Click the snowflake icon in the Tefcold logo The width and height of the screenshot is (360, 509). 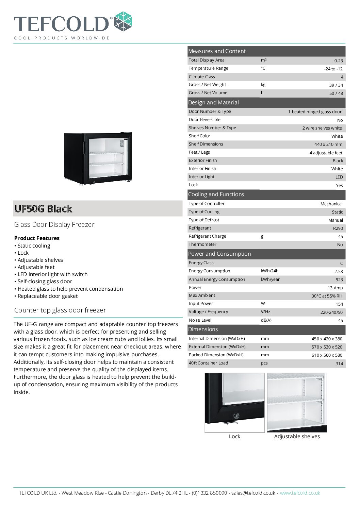(123, 21)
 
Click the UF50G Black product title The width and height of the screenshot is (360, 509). (43, 209)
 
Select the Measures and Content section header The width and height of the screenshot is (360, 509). (217, 51)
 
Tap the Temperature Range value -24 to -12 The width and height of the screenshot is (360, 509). (333, 69)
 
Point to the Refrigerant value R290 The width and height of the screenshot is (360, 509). (338, 228)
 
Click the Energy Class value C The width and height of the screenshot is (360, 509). (341, 264)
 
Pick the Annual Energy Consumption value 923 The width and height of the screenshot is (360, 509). (339, 280)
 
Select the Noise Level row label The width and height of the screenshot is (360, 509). (200, 320)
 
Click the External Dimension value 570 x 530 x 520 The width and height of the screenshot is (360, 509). (327, 347)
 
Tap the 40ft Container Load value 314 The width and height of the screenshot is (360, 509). (339, 364)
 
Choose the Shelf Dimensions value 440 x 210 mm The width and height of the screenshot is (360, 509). (328, 145)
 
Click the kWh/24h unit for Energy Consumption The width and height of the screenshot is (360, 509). (269, 271)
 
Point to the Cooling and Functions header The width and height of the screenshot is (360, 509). (216, 194)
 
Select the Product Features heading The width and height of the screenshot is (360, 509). (37, 238)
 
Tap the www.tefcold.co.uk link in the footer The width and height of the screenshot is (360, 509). (300, 493)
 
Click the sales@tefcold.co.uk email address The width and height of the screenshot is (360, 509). (253, 493)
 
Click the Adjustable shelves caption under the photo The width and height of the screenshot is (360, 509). (297, 437)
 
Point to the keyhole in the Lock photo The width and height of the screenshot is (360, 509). (236, 415)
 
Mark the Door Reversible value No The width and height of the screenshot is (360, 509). (340, 120)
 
